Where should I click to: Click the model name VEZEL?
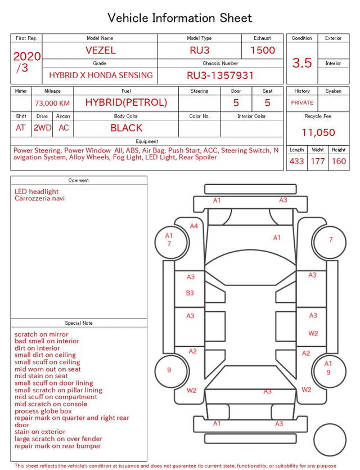pos(101,50)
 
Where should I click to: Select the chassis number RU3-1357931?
pos(220,75)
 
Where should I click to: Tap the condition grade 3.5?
pos(302,62)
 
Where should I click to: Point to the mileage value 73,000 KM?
pos(52,103)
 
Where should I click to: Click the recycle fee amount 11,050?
pos(318,132)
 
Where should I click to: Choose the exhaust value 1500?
pos(263,50)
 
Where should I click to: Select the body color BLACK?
pos(127,128)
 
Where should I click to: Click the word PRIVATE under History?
pos(302,102)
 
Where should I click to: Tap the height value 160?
pos(339,161)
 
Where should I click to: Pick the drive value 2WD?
pos(42,128)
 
